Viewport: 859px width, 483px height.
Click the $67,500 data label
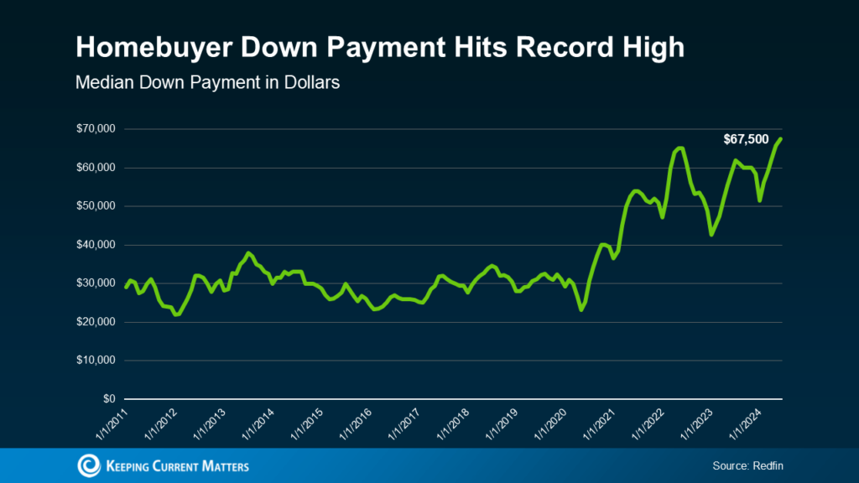click(x=746, y=139)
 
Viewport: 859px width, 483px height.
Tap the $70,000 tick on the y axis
click(x=95, y=129)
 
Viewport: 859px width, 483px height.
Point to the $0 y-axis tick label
click(x=107, y=399)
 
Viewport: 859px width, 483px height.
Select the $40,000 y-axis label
click(x=95, y=245)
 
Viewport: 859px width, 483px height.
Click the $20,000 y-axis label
click(x=95, y=322)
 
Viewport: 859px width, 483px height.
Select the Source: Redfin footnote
click(x=748, y=465)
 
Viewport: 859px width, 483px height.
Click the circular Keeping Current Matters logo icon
click(x=87, y=465)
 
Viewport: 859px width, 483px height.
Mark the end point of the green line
click(x=781, y=138)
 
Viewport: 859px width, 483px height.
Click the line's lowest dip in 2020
click(x=581, y=310)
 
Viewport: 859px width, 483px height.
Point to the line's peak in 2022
click(x=680, y=148)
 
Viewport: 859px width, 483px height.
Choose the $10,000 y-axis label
click(x=95, y=361)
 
